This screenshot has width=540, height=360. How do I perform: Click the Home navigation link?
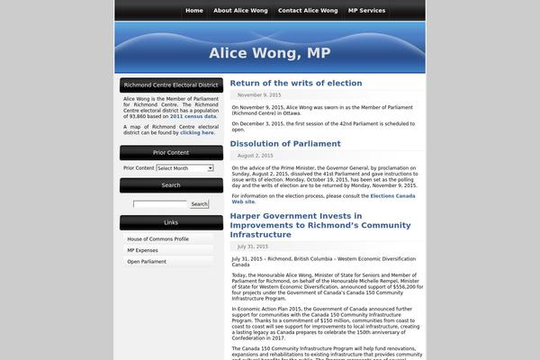click(193, 10)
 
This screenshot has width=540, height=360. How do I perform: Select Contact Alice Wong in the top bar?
click(308, 10)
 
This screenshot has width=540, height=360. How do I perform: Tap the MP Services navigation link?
click(366, 10)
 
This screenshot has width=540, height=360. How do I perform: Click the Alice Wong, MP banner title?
click(269, 52)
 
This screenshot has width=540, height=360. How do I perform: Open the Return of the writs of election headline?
click(295, 83)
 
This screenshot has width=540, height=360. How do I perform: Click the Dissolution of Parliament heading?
click(284, 143)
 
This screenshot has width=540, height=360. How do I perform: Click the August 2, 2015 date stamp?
click(255, 155)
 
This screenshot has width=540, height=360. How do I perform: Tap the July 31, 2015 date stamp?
click(253, 246)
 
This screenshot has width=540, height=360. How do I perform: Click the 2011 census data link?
click(193, 116)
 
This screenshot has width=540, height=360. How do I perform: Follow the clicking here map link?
click(196, 132)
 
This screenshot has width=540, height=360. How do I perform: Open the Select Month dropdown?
click(184, 167)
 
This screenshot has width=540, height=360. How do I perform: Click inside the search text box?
click(160, 204)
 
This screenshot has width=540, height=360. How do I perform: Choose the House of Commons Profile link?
click(157, 238)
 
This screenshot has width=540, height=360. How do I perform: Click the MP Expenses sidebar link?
click(142, 250)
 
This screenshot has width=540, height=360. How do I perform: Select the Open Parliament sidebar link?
click(147, 261)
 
